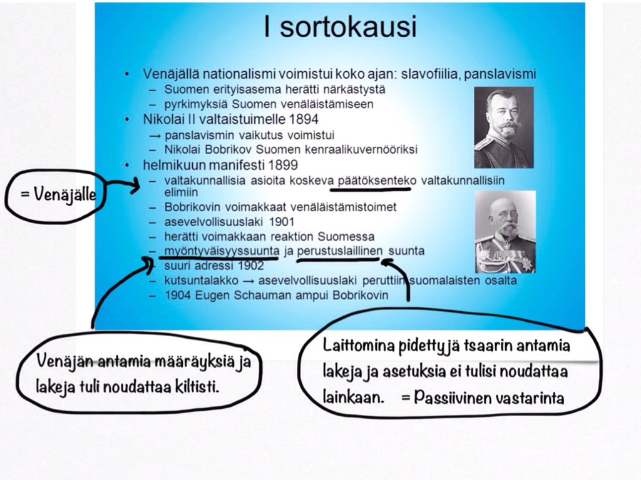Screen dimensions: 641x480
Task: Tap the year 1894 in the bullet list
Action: [x=304, y=119]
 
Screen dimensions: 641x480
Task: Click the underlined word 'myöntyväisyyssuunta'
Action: [x=222, y=251]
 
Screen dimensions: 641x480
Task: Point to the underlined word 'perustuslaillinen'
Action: [x=340, y=251]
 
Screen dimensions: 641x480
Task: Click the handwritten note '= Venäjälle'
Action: [x=58, y=195]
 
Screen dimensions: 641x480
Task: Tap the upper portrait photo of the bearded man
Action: [x=504, y=127]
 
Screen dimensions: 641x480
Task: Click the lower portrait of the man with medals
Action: [x=505, y=232]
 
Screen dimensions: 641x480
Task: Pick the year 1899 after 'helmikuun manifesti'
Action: [x=283, y=165]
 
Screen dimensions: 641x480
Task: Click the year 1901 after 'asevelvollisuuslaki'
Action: [x=282, y=222]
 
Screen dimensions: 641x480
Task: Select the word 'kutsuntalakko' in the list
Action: [x=201, y=281]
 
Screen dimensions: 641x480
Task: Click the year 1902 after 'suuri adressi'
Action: [x=251, y=266]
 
